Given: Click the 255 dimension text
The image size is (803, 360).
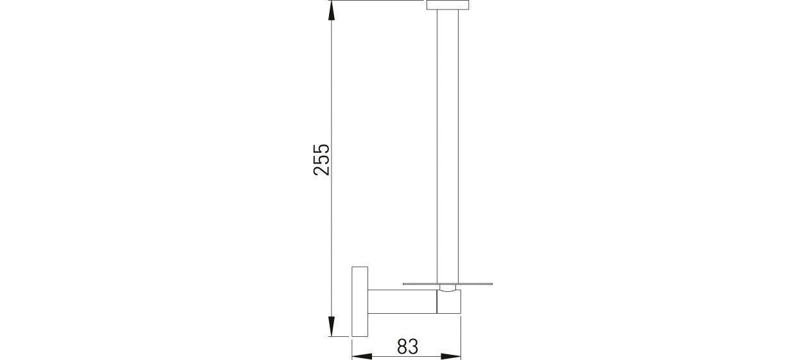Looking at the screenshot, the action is point(321,160).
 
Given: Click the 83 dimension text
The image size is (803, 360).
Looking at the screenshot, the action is point(408,347).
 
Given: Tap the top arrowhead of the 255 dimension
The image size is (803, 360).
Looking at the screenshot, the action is point(332,11).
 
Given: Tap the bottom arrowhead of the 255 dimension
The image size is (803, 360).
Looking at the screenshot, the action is point(332,326).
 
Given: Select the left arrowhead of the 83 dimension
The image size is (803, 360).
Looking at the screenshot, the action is point(362,356).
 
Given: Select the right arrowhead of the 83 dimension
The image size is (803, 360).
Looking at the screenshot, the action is point(451,356).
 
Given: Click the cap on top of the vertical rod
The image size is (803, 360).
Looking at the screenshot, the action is point(448,5).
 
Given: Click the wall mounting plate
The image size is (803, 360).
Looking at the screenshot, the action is point(360,302).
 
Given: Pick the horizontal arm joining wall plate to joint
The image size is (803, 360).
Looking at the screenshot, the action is point(403,301).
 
